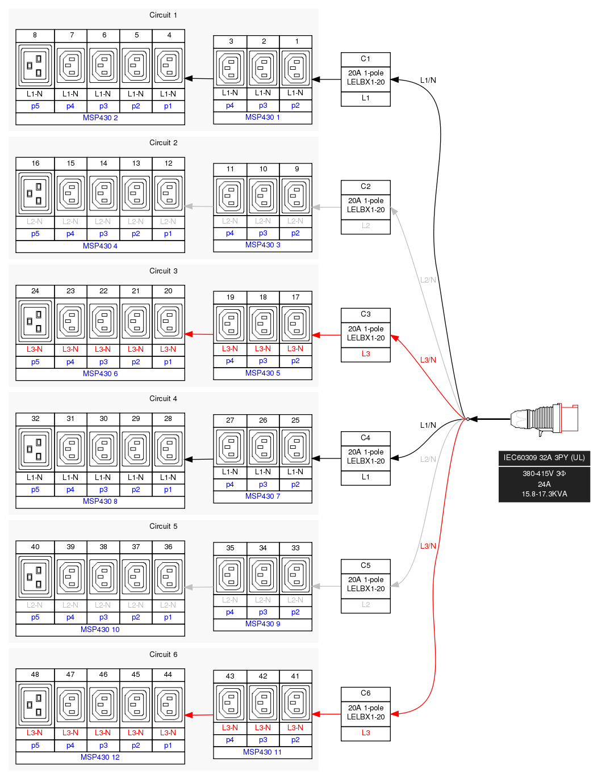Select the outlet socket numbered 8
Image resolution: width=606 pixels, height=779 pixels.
pyautogui.click(x=35, y=65)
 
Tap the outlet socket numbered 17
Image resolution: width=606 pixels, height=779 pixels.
pyautogui.click(x=295, y=323)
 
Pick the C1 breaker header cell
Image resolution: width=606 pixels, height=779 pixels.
pyautogui.click(x=365, y=59)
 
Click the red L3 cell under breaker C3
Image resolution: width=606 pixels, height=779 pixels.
pyautogui.click(x=365, y=354)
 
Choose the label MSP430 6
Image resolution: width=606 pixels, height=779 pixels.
pyautogui.click(x=100, y=374)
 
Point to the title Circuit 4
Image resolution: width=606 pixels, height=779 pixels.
pyautogui.click(x=163, y=399)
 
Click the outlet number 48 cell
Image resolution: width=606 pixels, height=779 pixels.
pyautogui.click(x=35, y=675)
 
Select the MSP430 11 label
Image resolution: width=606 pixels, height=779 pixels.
pyautogui.click(x=262, y=752)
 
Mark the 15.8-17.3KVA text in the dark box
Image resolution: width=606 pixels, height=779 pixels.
pyautogui.click(x=544, y=494)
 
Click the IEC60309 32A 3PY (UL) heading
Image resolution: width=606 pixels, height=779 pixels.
pyautogui.click(x=544, y=458)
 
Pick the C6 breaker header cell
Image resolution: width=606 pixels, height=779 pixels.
pyautogui.click(x=365, y=693)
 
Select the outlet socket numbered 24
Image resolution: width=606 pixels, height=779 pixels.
pyautogui.click(x=35, y=321)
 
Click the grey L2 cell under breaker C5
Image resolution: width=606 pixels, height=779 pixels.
pyautogui.click(x=365, y=605)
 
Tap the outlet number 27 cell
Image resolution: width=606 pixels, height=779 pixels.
pyautogui.click(x=230, y=420)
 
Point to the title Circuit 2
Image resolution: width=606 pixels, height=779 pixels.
pyautogui.click(x=163, y=143)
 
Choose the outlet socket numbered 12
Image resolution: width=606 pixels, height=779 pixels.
pyautogui.click(x=168, y=193)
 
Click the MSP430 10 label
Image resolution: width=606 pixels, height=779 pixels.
pyautogui.click(x=100, y=630)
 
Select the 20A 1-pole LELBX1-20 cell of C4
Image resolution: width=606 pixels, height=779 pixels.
pyautogui.click(x=365, y=457)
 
